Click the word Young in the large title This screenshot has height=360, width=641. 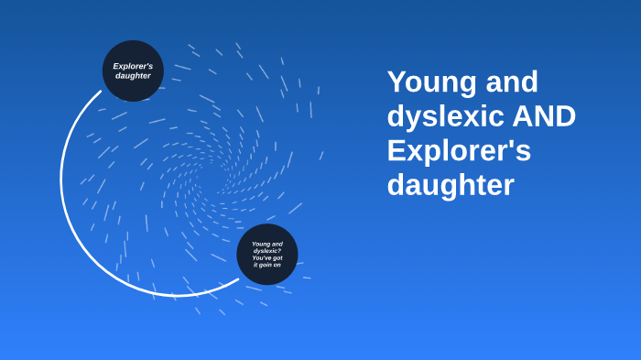click(429, 83)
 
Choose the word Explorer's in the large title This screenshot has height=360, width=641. click(459, 150)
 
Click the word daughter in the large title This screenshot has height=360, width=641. click(451, 185)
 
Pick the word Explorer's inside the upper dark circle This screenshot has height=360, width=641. click(133, 66)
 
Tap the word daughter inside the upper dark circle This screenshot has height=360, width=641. click(133, 75)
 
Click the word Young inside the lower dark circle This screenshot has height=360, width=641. click(261, 244)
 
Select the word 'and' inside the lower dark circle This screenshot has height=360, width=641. click(277, 244)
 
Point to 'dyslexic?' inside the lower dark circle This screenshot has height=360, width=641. click(266, 251)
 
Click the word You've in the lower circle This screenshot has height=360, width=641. click(261, 257)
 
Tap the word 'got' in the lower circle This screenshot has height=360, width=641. click(277, 257)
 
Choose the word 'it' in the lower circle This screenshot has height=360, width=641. click(255, 265)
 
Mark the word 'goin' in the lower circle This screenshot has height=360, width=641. click(266, 265)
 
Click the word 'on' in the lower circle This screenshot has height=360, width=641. click(278, 265)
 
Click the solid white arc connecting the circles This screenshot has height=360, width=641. click(62, 183)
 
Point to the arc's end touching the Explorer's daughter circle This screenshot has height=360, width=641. click(101, 92)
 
